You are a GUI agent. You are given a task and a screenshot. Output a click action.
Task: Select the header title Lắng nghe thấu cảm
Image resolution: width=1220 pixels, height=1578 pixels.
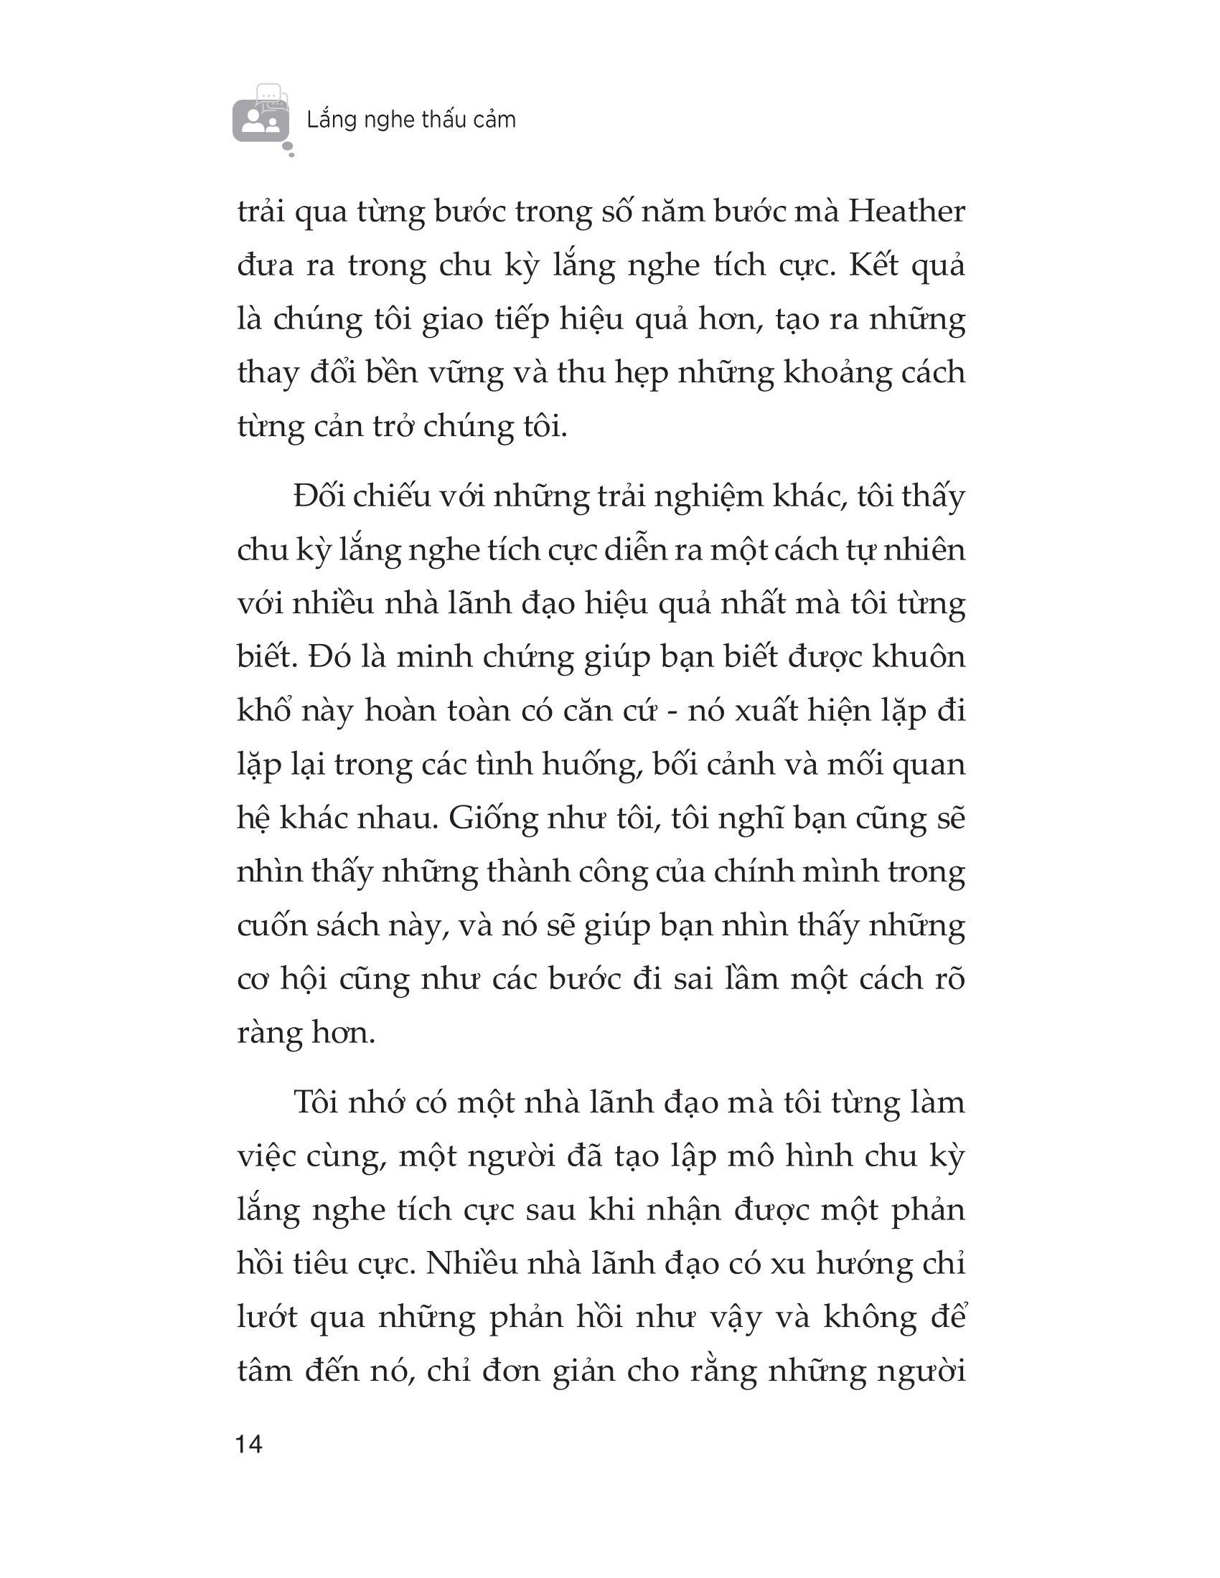pos(411,119)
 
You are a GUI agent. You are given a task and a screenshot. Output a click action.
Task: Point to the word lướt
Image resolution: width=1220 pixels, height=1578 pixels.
pos(267,1317)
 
